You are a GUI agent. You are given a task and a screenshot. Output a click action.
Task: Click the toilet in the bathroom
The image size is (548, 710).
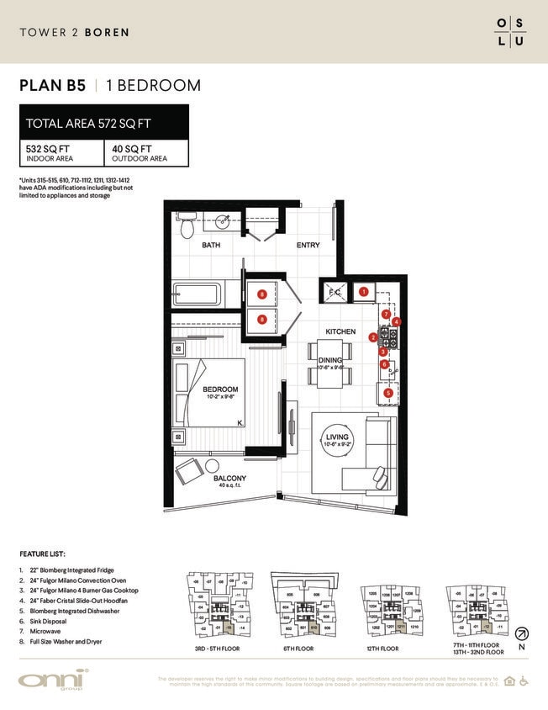(x=187, y=226)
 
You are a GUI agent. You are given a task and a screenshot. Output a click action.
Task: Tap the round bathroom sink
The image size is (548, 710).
(x=223, y=224)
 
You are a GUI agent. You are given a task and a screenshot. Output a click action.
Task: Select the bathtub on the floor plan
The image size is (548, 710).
(x=198, y=295)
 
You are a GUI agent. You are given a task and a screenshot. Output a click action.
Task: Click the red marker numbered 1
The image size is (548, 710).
(x=364, y=292)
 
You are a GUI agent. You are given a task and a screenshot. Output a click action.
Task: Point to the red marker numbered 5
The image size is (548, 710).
(x=387, y=392)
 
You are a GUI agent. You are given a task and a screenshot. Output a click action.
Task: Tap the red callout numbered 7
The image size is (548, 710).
(x=386, y=314)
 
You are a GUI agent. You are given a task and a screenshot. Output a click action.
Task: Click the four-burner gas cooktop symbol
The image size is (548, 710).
(x=390, y=337)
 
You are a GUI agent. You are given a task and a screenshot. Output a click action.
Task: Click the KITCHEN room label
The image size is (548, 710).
(x=340, y=331)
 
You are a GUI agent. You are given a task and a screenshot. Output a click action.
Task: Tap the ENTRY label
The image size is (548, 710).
(x=308, y=246)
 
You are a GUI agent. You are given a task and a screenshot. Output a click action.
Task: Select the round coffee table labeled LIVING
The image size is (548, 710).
(x=338, y=442)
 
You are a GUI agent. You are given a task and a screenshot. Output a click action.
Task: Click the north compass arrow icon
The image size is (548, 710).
(x=521, y=633)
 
